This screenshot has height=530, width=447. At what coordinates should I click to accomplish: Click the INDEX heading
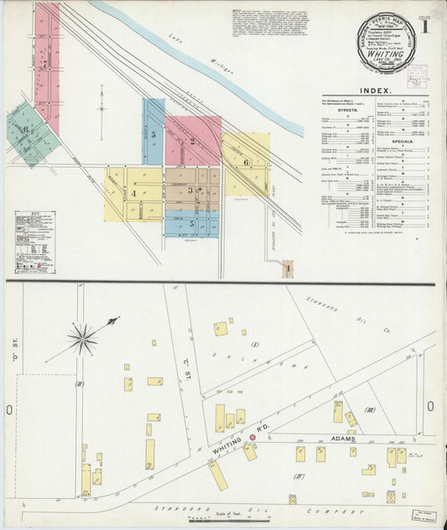click(374, 91)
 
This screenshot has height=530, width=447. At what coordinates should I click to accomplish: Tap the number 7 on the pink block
click(44, 64)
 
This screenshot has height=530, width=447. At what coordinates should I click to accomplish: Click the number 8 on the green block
click(26, 129)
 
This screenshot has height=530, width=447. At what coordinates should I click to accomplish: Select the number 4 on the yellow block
click(133, 194)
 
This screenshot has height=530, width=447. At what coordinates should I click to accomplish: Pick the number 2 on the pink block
click(192, 141)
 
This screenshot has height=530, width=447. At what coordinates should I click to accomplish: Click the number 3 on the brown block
click(190, 191)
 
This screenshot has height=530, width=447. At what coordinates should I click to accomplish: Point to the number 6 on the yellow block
click(246, 162)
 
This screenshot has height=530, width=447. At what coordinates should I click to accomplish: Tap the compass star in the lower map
click(83, 339)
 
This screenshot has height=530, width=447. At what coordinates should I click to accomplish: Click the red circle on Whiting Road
click(252, 438)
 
